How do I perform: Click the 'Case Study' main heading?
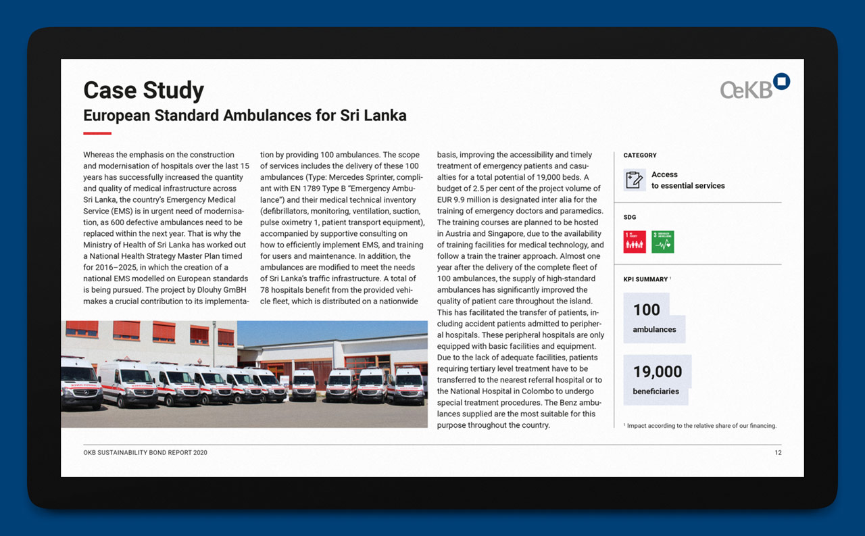(143, 91)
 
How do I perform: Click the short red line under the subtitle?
(97, 133)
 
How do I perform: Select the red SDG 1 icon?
(635, 242)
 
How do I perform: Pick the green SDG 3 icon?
(662, 242)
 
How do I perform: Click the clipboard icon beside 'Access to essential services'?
(635, 180)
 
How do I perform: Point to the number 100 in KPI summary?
(646, 310)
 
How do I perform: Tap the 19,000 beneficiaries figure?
(657, 371)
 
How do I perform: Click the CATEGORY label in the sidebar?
(640, 155)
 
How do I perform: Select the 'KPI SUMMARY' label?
(645, 279)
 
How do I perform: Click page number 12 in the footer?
(778, 453)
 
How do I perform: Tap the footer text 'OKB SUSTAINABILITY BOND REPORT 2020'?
(145, 453)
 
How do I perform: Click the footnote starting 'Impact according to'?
(701, 426)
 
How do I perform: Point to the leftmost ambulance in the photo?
(80, 383)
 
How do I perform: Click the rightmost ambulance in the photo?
(407, 385)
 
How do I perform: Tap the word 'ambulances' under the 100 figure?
(654, 330)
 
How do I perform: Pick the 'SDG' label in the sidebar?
(630, 218)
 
